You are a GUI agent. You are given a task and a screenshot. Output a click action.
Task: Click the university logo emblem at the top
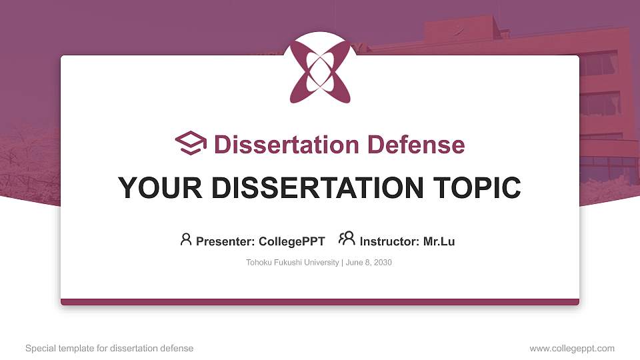(x=320, y=69)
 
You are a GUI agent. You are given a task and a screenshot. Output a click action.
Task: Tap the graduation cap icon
(x=191, y=143)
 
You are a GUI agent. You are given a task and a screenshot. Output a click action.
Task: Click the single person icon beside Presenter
(x=186, y=239)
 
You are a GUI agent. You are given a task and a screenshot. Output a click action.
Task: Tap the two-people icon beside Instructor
(x=347, y=239)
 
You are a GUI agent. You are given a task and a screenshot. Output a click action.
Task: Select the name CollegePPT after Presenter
(x=291, y=241)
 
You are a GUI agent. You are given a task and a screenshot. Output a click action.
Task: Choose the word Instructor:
(x=389, y=241)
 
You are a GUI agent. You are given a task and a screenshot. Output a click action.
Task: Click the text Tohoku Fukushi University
(x=292, y=263)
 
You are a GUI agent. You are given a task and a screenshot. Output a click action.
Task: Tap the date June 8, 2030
(x=369, y=263)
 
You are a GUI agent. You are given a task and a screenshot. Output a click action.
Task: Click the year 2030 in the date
(x=383, y=263)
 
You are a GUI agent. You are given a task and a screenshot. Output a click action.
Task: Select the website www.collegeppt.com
(x=572, y=348)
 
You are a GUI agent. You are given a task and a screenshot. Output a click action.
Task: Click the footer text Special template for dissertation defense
(x=109, y=348)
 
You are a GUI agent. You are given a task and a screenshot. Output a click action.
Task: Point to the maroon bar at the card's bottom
(x=320, y=302)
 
